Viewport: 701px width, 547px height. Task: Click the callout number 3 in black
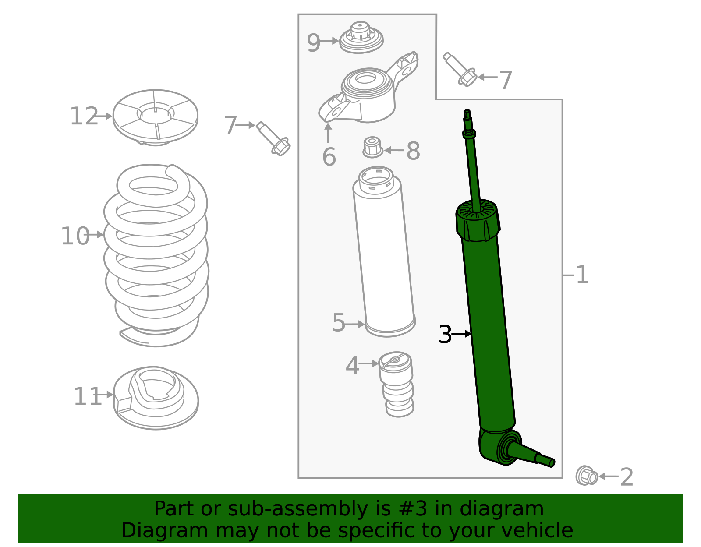coord(445,335)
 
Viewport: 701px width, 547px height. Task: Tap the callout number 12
coord(84,116)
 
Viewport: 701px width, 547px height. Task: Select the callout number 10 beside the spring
coord(75,236)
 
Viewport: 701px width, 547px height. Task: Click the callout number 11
coord(87,396)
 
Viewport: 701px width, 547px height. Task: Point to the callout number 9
coord(313,43)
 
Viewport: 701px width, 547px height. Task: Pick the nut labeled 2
coord(587,476)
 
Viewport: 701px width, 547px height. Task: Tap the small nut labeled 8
coord(372,148)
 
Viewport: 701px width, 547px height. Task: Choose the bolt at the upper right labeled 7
coord(460,70)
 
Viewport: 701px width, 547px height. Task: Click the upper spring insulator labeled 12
coord(156,117)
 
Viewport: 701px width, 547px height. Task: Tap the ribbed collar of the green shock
coord(478,221)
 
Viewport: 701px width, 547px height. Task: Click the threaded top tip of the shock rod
coord(467,114)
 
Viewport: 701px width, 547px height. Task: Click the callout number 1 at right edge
coord(582,275)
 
